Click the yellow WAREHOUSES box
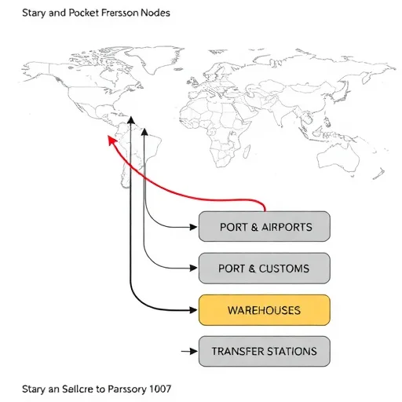tap(265, 310)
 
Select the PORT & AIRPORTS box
tap(265, 226)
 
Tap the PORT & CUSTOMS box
tap(265, 269)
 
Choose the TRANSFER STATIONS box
tap(265, 351)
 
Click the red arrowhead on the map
tap(112, 141)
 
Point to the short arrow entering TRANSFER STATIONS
tap(189, 351)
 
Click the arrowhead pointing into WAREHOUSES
tap(193, 310)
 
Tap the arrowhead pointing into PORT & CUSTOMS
tap(193, 268)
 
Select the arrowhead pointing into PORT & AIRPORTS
tap(193, 227)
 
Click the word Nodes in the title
tap(155, 13)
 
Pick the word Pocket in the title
tap(83, 13)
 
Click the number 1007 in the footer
tap(160, 389)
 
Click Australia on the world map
tap(338, 156)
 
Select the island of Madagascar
tap(247, 152)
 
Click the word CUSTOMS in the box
tap(284, 269)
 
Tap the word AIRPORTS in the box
tap(287, 227)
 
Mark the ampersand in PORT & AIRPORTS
tap(254, 227)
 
